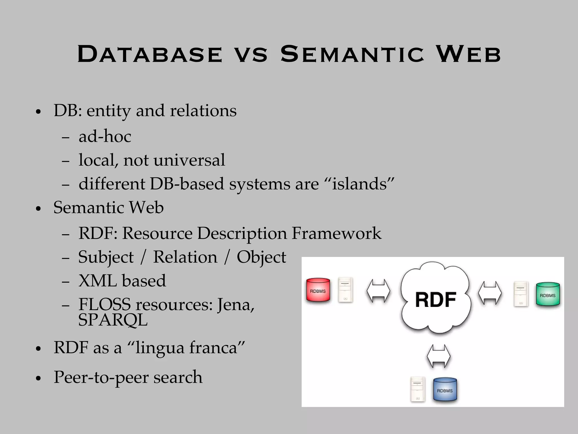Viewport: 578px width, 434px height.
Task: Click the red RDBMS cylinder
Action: (318, 290)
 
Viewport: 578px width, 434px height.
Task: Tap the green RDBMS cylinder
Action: (548, 295)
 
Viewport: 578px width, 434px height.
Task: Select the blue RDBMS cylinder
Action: (445, 390)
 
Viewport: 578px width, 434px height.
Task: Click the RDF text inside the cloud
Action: (435, 300)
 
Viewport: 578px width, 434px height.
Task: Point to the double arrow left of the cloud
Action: (378, 291)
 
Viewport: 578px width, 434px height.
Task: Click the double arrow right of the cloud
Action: (490, 293)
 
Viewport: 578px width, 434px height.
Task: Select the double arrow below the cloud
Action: (438, 356)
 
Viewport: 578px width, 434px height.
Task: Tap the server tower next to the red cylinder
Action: (345, 290)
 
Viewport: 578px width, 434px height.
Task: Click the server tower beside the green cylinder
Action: (521, 294)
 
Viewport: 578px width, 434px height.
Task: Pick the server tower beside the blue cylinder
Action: (418, 389)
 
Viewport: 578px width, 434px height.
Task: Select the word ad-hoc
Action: (105, 136)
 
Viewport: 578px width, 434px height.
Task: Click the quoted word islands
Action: (363, 184)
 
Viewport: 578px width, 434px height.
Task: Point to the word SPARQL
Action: (113, 320)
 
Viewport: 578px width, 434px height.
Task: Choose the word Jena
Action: (236, 305)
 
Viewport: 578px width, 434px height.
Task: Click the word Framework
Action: (336, 233)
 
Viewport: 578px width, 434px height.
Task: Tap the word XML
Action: (97, 281)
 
